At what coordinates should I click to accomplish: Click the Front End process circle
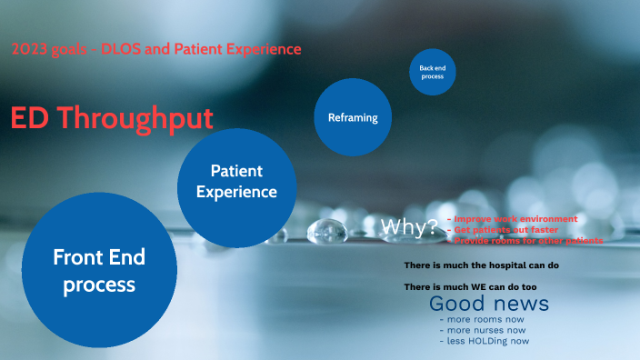pyautogui.click(x=99, y=270)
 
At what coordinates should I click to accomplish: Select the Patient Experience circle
pyautogui.click(x=236, y=182)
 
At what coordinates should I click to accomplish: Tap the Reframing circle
pyautogui.click(x=353, y=117)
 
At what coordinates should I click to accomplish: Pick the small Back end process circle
pyautogui.click(x=432, y=72)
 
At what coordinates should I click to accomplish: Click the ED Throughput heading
pyautogui.click(x=112, y=118)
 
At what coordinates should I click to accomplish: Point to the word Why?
pyautogui.click(x=409, y=227)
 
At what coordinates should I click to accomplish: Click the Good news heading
pyautogui.click(x=489, y=304)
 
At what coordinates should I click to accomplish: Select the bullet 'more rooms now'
pyautogui.click(x=482, y=319)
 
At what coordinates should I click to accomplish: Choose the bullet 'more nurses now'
pyautogui.click(x=483, y=330)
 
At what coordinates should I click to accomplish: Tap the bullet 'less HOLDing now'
pyautogui.click(x=484, y=341)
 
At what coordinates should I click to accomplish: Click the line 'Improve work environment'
pyautogui.click(x=515, y=219)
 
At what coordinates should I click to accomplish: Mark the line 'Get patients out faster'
pyautogui.click(x=505, y=230)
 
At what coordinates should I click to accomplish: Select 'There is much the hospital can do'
pyautogui.click(x=482, y=265)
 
